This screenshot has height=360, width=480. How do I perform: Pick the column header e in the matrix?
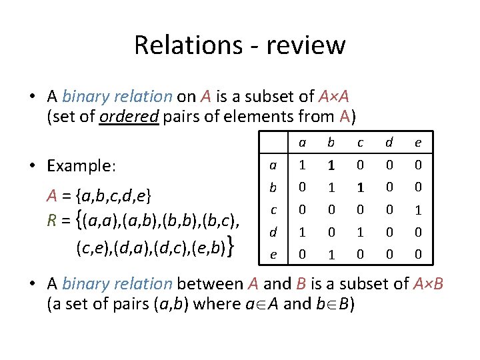pos(418,142)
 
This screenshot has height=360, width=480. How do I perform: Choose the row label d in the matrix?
pos(273,233)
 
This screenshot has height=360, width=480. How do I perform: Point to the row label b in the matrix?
pos(273,187)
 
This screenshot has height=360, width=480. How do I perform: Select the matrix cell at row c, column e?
pos(418,210)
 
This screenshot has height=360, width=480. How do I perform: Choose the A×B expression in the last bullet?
pos(429,283)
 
